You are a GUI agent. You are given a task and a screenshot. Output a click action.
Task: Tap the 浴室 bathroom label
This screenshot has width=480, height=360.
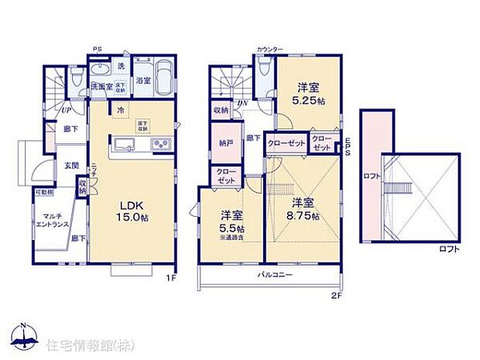[x=143, y=80]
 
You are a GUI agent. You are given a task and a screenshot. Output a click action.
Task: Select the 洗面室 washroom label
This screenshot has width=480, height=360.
[x=101, y=86]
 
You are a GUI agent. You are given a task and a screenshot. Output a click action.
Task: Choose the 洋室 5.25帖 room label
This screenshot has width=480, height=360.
[x=308, y=94]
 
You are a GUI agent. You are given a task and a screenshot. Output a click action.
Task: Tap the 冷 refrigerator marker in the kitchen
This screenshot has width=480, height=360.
[x=120, y=110]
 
